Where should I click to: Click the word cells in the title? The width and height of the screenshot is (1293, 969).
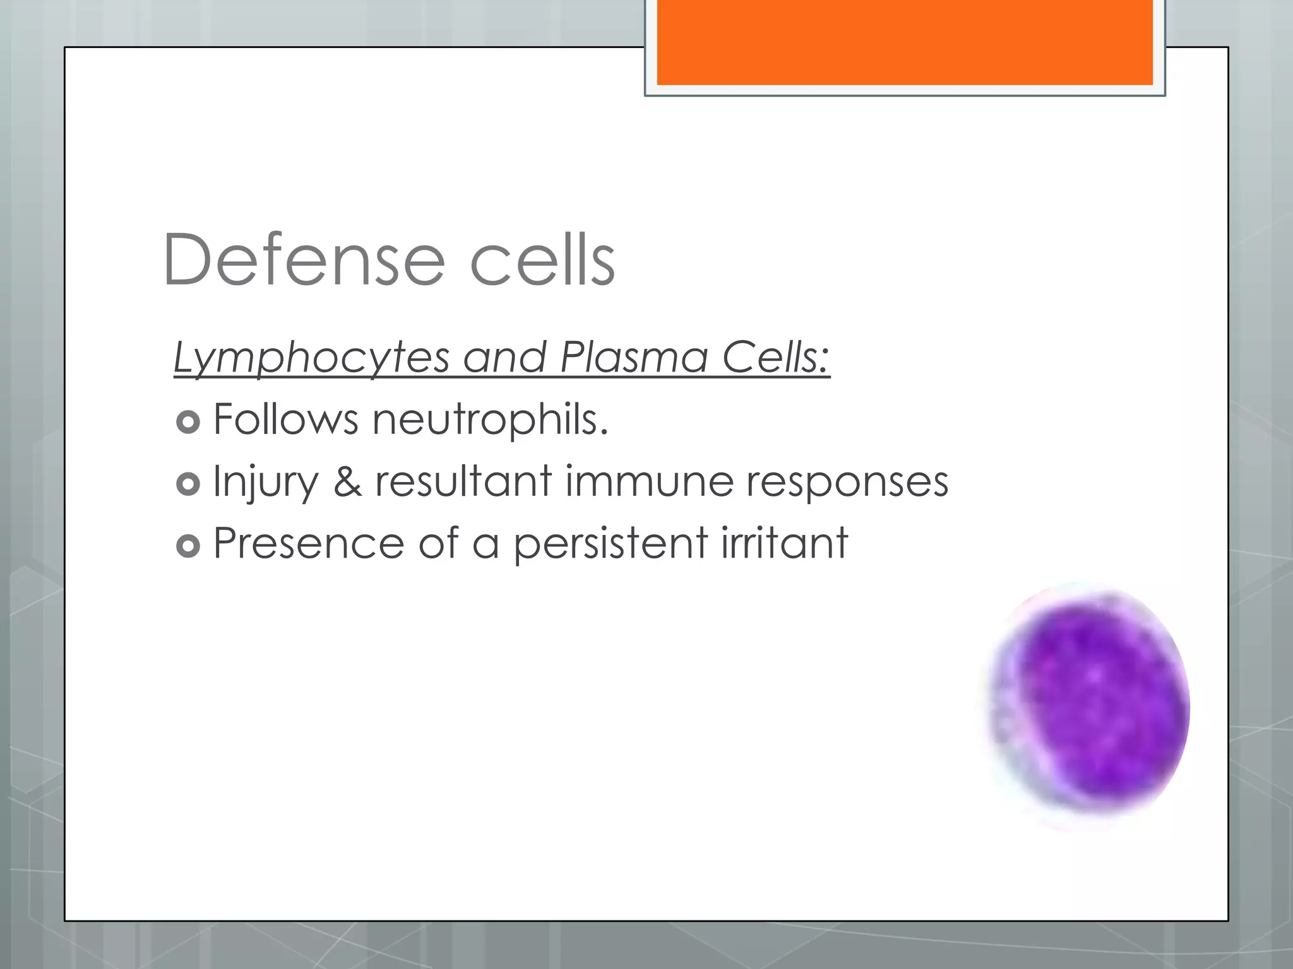(x=542, y=260)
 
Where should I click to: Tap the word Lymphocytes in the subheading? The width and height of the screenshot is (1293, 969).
(x=311, y=358)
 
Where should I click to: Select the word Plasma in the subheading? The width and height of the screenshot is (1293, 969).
(x=634, y=358)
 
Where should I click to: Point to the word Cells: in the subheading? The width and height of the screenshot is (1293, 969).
(x=776, y=358)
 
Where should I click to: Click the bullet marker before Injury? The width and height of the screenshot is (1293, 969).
(x=188, y=484)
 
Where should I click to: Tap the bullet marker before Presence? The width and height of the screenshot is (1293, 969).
(x=188, y=546)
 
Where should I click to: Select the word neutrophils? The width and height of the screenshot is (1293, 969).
(x=490, y=420)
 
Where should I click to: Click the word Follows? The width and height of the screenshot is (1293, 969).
(x=286, y=420)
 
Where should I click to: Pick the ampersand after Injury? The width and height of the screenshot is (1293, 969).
(x=348, y=481)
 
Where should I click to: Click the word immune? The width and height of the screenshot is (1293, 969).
(x=649, y=481)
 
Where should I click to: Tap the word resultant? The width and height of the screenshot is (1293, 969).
(x=464, y=481)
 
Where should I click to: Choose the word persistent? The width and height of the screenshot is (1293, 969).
(x=611, y=543)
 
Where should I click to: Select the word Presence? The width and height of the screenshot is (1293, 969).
(x=309, y=543)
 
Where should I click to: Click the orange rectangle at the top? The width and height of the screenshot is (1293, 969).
(x=905, y=42)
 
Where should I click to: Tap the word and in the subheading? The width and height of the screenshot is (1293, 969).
(x=504, y=358)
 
